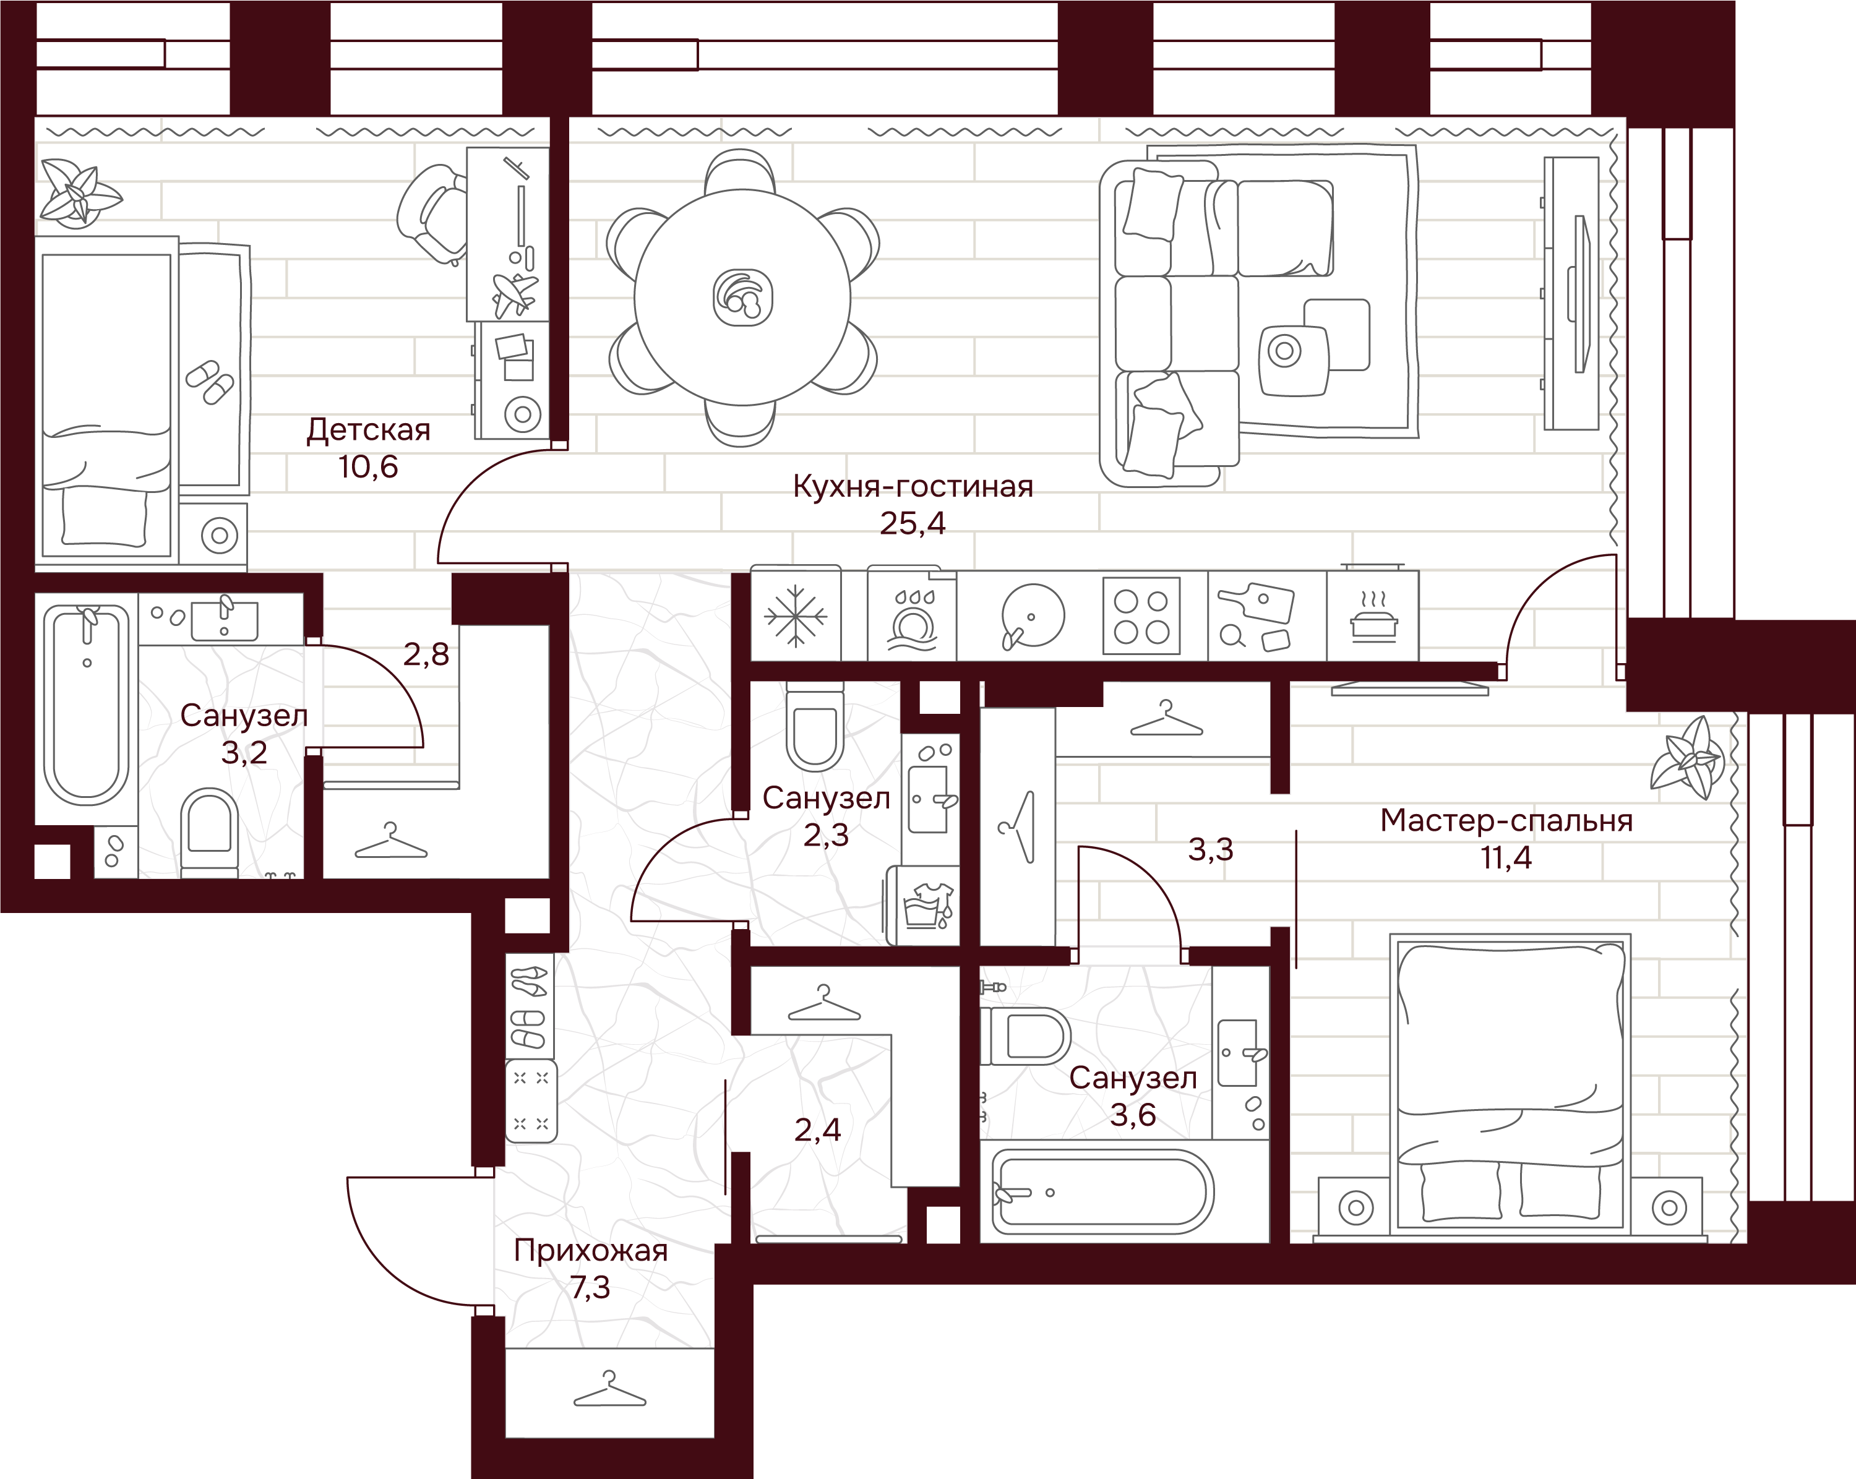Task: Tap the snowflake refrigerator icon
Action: click(x=796, y=616)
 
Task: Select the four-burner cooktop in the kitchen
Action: click(x=1141, y=616)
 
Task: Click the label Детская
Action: click(x=369, y=429)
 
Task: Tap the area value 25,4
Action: click(x=913, y=523)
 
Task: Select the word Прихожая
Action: click(x=591, y=1250)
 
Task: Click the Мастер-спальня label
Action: click(x=1506, y=820)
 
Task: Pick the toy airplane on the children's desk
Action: click(x=514, y=294)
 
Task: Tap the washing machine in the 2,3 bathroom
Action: click(x=922, y=905)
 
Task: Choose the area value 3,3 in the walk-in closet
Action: click(x=1210, y=850)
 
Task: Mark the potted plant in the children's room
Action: click(x=79, y=193)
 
